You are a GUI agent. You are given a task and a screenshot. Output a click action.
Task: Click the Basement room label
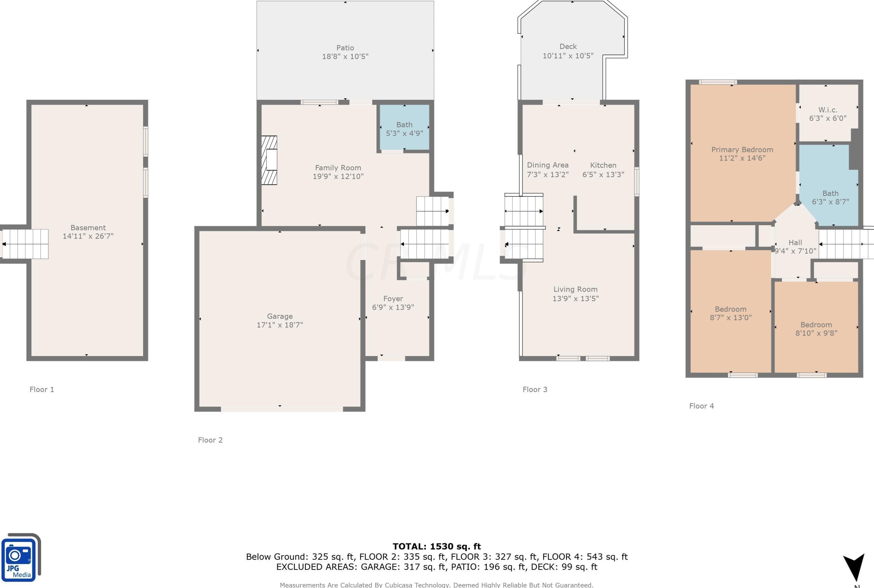(x=88, y=228)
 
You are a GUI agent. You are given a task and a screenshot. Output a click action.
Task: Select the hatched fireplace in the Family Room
(x=269, y=160)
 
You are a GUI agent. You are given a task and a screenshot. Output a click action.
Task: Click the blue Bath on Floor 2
(x=404, y=128)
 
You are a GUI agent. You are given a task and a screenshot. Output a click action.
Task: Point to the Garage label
(x=280, y=316)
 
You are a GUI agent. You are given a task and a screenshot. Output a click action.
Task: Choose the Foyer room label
(x=393, y=298)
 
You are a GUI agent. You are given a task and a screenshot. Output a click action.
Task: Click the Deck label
(x=568, y=46)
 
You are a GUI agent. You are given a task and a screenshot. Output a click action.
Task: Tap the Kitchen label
(x=603, y=165)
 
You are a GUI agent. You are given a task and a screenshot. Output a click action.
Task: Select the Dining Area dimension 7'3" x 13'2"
(x=548, y=174)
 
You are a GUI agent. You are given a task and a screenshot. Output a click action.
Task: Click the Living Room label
(x=576, y=289)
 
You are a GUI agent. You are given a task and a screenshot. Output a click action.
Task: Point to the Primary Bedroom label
(x=743, y=150)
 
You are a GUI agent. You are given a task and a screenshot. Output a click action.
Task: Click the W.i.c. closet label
(x=828, y=110)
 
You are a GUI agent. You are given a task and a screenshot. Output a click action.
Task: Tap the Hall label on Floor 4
(x=795, y=242)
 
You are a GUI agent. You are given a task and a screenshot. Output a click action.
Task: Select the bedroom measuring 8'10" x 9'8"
(x=816, y=327)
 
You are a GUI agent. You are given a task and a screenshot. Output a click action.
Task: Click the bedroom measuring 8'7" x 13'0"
(x=730, y=311)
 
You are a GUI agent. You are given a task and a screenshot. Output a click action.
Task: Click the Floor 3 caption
(x=535, y=389)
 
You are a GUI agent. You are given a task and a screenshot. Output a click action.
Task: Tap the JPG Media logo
(x=21, y=557)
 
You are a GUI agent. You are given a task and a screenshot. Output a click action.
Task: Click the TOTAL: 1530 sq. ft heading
(x=437, y=547)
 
